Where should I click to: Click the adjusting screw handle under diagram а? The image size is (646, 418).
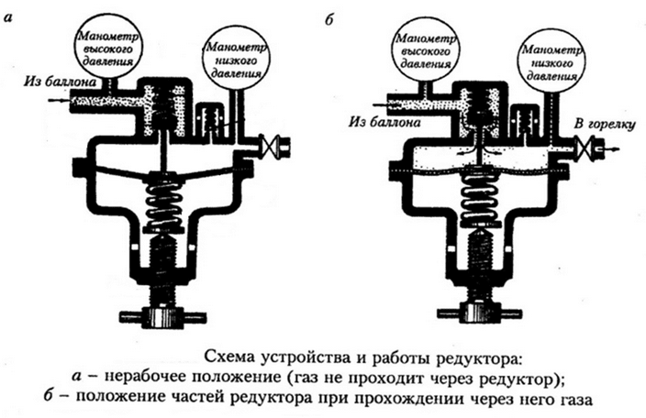163,317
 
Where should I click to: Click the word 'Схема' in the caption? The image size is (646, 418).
227,353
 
